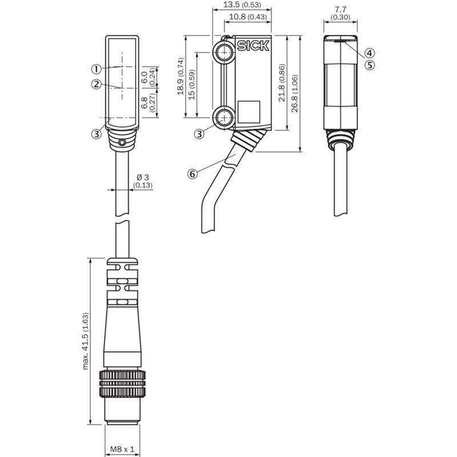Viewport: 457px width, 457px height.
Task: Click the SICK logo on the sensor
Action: pyautogui.click(x=253, y=46)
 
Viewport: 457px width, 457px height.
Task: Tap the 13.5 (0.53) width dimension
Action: pyautogui.click(x=242, y=5)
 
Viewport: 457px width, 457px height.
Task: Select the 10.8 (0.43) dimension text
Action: pyautogui.click(x=248, y=17)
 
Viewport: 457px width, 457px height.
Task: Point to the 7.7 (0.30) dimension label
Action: pyautogui.click(x=340, y=13)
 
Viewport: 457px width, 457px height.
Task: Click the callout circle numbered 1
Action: pyautogui.click(x=96, y=69)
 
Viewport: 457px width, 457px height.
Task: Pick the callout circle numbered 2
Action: pyautogui.click(x=97, y=84)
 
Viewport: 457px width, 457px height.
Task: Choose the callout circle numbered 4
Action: pyautogui.click(x=370, y=53)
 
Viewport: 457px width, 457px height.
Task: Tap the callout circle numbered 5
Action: pyautogui.click(x=370, y=65)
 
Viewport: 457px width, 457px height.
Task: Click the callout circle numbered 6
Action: pyautogui.click(x=193, y=174)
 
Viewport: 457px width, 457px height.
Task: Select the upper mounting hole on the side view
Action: pyautogui.click(x=225, y=53)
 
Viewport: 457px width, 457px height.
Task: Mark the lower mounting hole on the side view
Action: pyautogui.click(x=225, y=118)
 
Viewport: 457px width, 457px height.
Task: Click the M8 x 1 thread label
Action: pyautogui.click(x=122, y=449)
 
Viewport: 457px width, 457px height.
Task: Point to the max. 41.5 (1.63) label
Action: pyautogui.click(x=85, y=341)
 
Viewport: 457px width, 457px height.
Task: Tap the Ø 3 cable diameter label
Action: pyautogui.click(x=143, y=181)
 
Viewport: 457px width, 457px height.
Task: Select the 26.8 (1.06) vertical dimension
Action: pyautogui.click(x=295, y=93)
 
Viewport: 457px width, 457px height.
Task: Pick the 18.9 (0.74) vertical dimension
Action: pyautogui.click(x=181, y=77)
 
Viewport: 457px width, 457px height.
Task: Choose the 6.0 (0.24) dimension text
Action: pyautogui.click(x=149, y=77)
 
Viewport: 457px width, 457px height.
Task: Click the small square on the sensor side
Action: pyautogui.click(x=249, y=112)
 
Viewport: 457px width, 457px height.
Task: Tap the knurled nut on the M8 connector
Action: pyautogui.click(x=122, y=383)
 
